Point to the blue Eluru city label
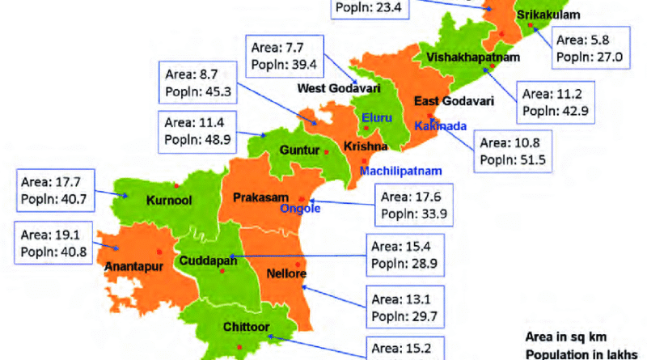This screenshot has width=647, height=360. click(x=376, y=118)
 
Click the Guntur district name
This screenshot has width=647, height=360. click(x=296, y=150)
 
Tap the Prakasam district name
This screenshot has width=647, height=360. click(x=263, y=197)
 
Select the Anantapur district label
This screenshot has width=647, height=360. click(x=129, y=265)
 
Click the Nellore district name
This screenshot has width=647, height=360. click(x=283, y=274)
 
